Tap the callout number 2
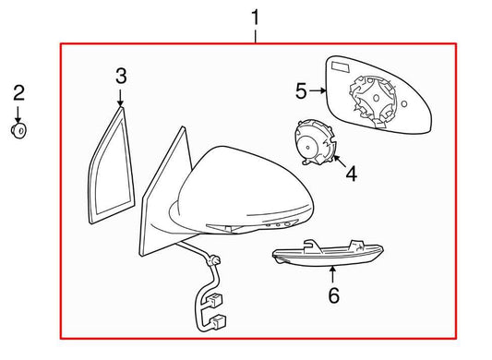[18, 91]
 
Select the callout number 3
[121, 76]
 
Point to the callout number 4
[350, 172]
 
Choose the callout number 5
[301, 90]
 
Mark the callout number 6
[333, 295]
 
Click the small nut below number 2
[18, 130]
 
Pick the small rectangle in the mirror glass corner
[338, 67]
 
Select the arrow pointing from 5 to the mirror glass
[318, 90]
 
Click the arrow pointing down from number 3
[121, 97]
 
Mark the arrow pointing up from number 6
[333, 275]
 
